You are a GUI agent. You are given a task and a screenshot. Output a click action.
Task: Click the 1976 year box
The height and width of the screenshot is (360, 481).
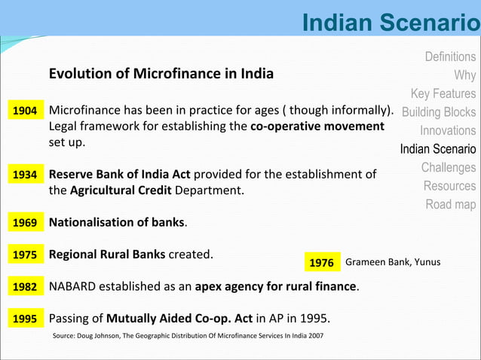(x=321, y=262)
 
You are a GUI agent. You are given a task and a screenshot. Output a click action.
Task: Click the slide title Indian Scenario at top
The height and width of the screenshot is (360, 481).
(x=390, y=22)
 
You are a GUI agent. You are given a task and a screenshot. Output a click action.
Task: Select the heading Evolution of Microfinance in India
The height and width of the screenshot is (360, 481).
(x=161, y=75)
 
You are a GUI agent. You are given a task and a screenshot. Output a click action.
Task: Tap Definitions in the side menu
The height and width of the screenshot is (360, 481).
(x=450, y=56)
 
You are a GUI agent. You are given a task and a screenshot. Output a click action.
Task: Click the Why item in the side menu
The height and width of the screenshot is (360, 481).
(x=464, y=75)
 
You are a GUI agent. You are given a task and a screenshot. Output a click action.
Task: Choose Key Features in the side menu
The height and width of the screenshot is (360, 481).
(x=443, y=93)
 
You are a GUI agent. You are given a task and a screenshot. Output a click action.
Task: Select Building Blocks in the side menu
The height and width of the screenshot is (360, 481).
(x=439, y=112)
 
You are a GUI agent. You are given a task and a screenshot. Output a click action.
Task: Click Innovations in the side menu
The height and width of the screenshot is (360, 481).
(x=448, y=130)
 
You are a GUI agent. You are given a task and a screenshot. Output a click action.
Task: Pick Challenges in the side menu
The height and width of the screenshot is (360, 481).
(x=449, y=167)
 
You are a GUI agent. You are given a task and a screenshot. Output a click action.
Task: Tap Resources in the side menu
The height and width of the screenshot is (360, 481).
(x=449, y=185)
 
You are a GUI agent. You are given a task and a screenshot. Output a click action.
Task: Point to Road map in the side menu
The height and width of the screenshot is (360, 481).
(x=451, y=204)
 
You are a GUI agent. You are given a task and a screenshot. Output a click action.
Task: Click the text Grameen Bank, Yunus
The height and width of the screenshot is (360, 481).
(x=392, y=262)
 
